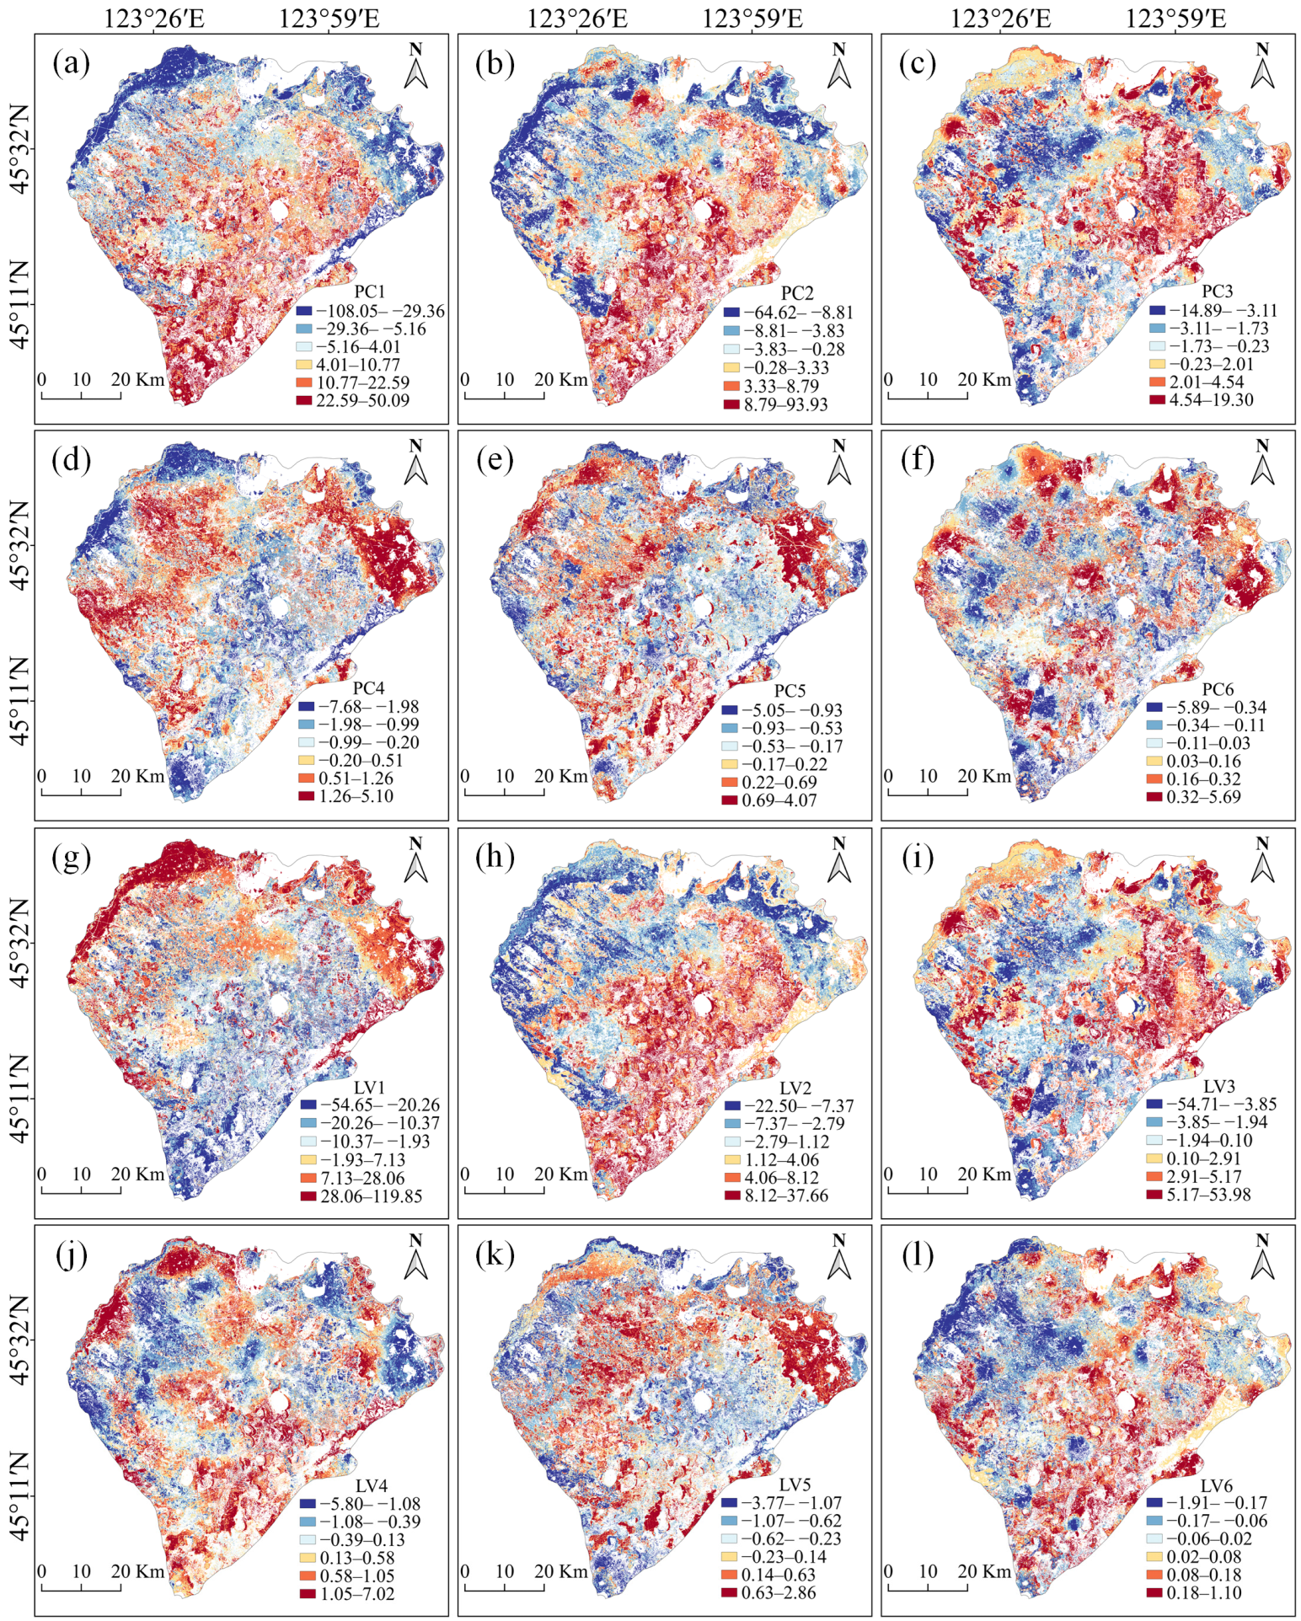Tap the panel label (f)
917,461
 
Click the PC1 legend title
369,292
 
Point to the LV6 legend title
1216,1485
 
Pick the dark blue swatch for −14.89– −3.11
1156,310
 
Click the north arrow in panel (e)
838,463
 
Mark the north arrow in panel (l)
1261,1258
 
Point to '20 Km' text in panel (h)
561,1174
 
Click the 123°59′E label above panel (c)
1176,19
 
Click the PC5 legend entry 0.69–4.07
779,800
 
